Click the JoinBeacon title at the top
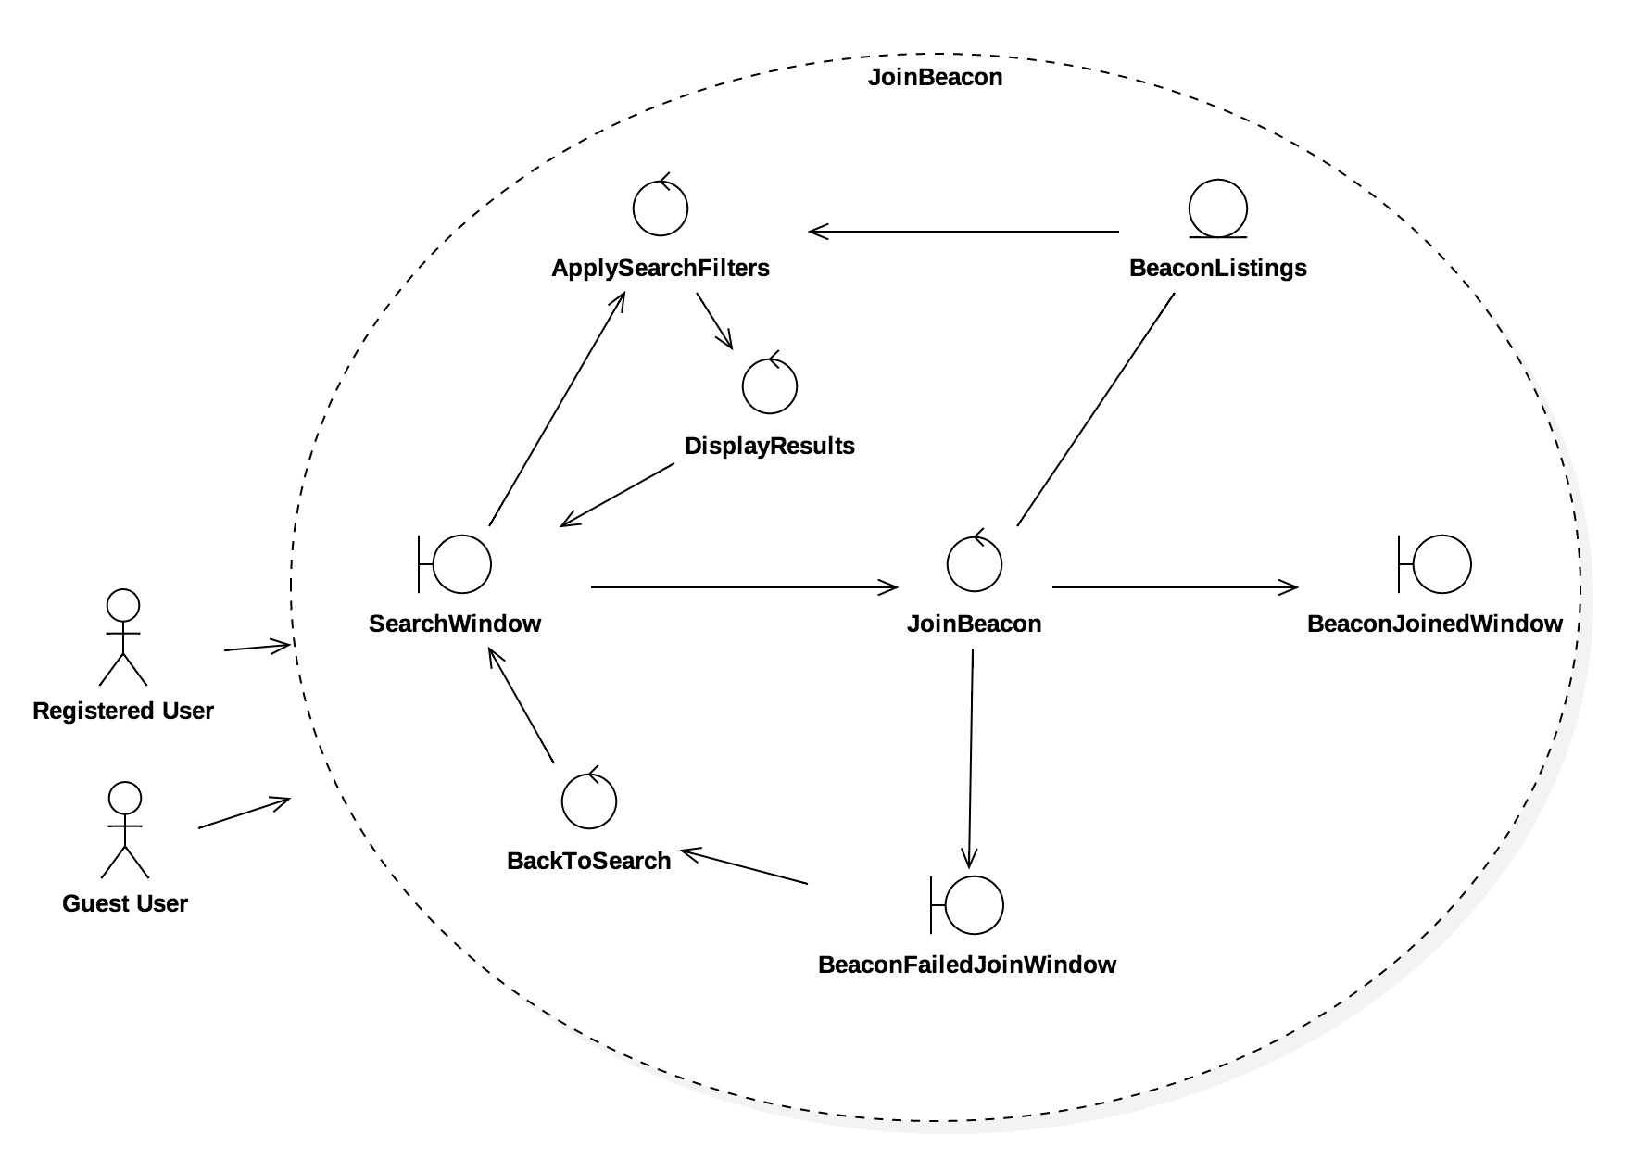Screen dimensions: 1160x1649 935,77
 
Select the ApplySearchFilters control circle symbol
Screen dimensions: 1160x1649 661,208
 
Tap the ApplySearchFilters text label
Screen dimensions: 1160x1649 661,268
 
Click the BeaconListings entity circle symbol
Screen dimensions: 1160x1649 1218,208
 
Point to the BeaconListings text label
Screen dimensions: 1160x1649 1218,268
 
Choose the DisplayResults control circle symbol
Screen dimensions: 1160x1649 770,386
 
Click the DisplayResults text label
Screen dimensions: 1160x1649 770,446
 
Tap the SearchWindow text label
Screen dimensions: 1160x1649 455,624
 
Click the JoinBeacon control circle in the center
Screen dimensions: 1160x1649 975,564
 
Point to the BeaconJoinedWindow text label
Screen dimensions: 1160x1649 1435,624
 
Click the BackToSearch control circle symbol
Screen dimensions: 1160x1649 589,801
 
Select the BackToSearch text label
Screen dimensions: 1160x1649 589,861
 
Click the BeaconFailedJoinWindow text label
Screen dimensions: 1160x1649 967,965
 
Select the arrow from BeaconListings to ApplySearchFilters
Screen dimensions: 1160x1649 963,231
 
